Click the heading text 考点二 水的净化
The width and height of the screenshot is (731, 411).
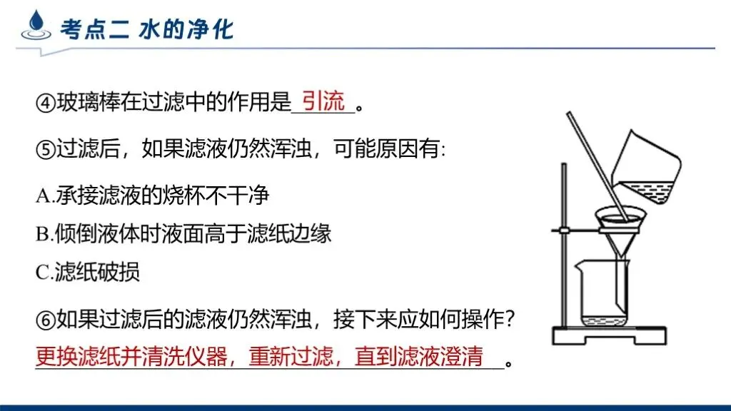146,29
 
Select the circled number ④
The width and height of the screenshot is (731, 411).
45,104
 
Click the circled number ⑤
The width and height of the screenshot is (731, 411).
45,151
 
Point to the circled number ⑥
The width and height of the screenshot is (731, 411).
45,323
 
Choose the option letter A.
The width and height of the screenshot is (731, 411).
41,196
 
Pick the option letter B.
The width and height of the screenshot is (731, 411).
41,234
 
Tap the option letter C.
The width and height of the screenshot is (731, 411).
41,273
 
